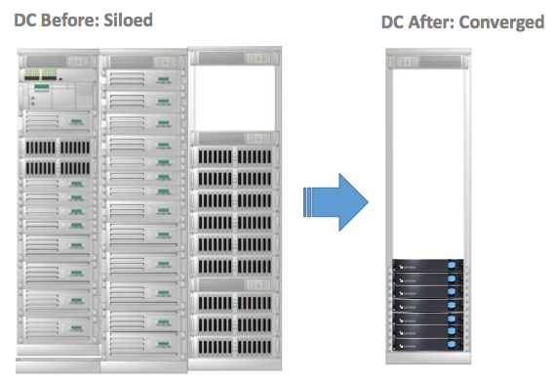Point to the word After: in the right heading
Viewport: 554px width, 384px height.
[x=439, y=21]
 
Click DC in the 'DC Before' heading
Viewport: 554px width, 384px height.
[x=24, y=19]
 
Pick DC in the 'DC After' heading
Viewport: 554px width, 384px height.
[x=394, y=21]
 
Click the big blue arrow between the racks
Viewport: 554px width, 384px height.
[x=336, y=201]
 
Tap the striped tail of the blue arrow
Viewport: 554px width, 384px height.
[x=308, y=201]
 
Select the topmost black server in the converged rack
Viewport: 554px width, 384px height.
[x=425, y=266]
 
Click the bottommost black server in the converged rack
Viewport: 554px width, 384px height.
[x=425, y=346]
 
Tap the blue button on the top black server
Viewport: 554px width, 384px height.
[x=452, y=266]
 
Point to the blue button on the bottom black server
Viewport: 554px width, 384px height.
[x=452, y=346]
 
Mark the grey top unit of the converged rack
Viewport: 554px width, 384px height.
[x=425, y=63]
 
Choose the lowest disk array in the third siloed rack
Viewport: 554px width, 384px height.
[x=232, y=344]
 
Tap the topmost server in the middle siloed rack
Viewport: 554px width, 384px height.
[x=146, y=62]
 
